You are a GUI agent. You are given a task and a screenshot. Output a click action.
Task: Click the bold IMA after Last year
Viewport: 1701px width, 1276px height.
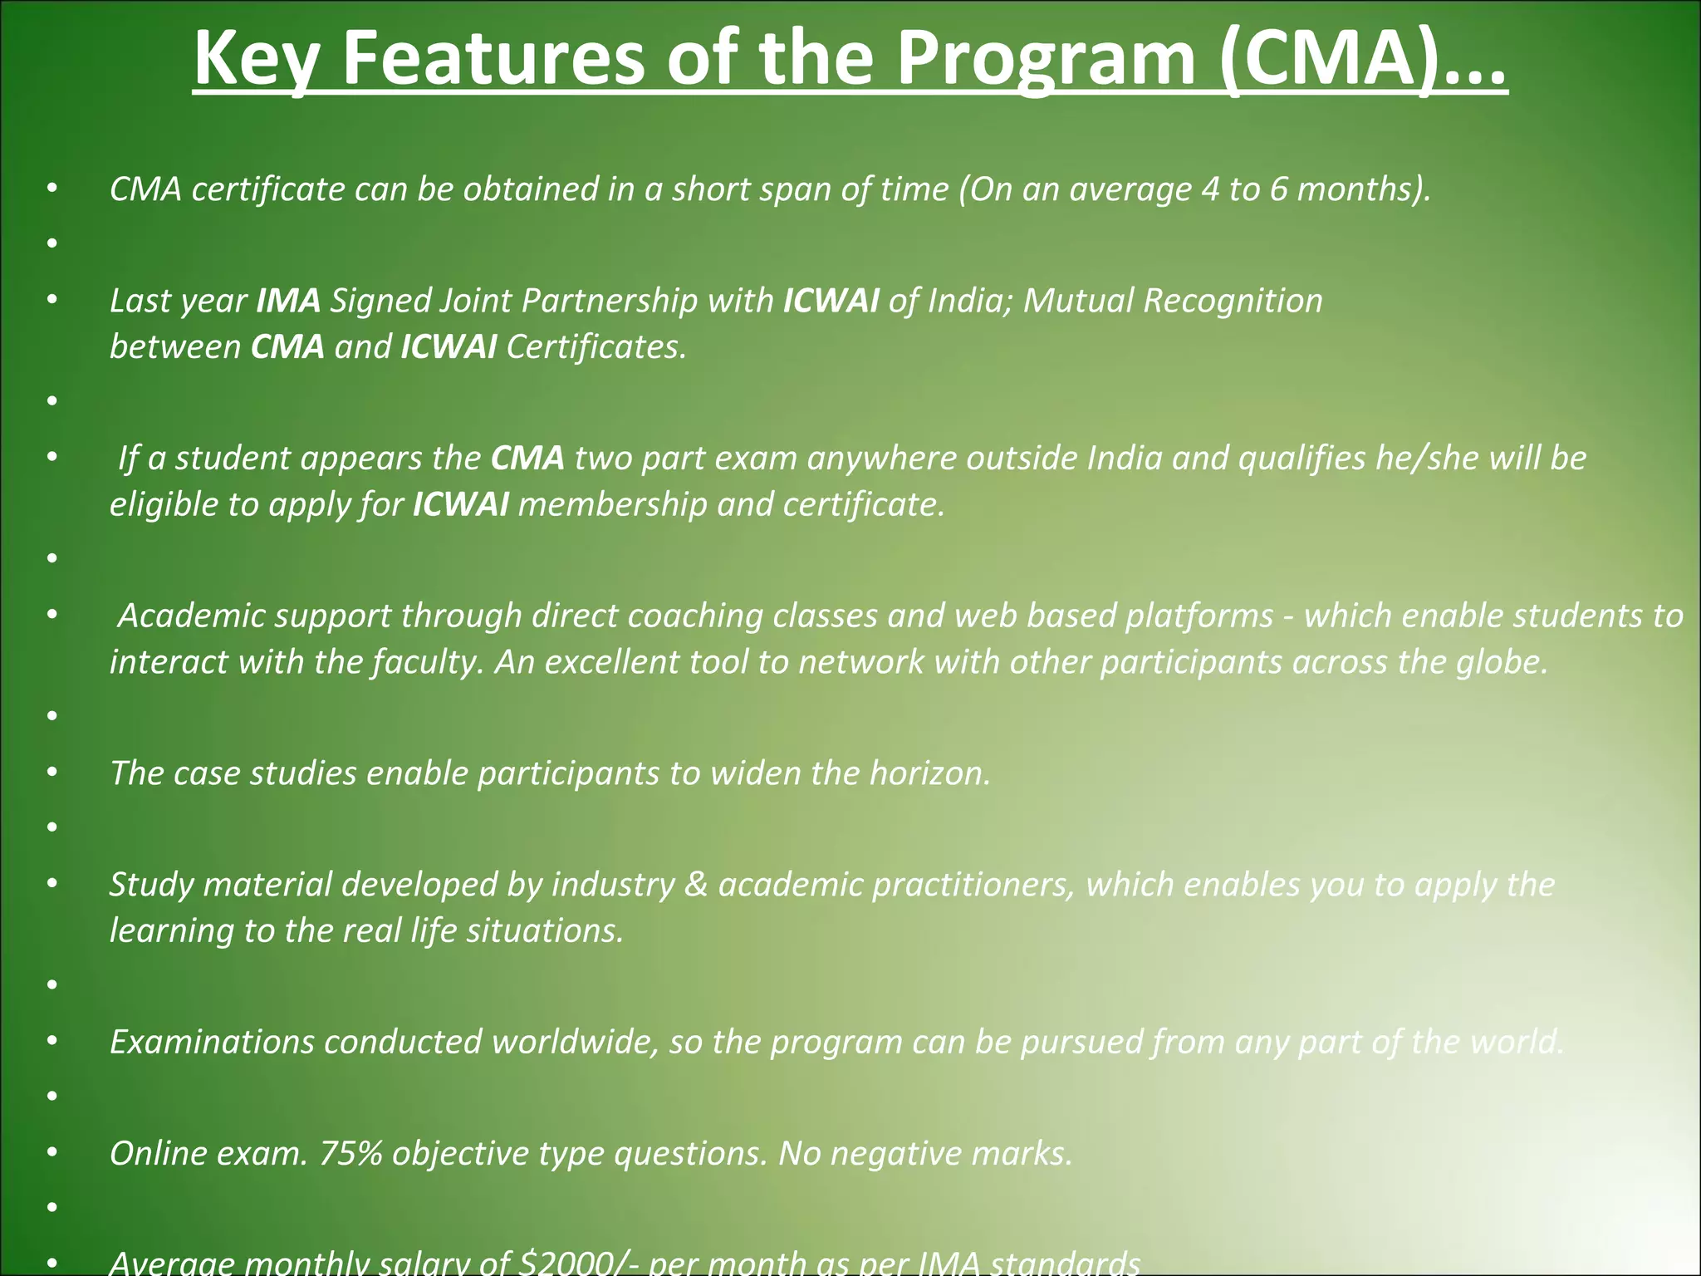(288, 300)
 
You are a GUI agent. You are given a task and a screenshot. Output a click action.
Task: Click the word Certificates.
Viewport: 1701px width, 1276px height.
(596, 346)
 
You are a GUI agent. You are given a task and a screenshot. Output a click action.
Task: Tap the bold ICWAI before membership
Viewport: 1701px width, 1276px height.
(460, 504)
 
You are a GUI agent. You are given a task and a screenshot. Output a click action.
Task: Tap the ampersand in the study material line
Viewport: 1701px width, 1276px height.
(696, 885)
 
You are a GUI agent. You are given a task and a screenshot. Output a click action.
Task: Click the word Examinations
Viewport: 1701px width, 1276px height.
(212, 1042)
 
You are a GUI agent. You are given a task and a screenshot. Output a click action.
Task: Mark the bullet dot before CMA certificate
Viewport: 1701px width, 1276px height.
(52, 189)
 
